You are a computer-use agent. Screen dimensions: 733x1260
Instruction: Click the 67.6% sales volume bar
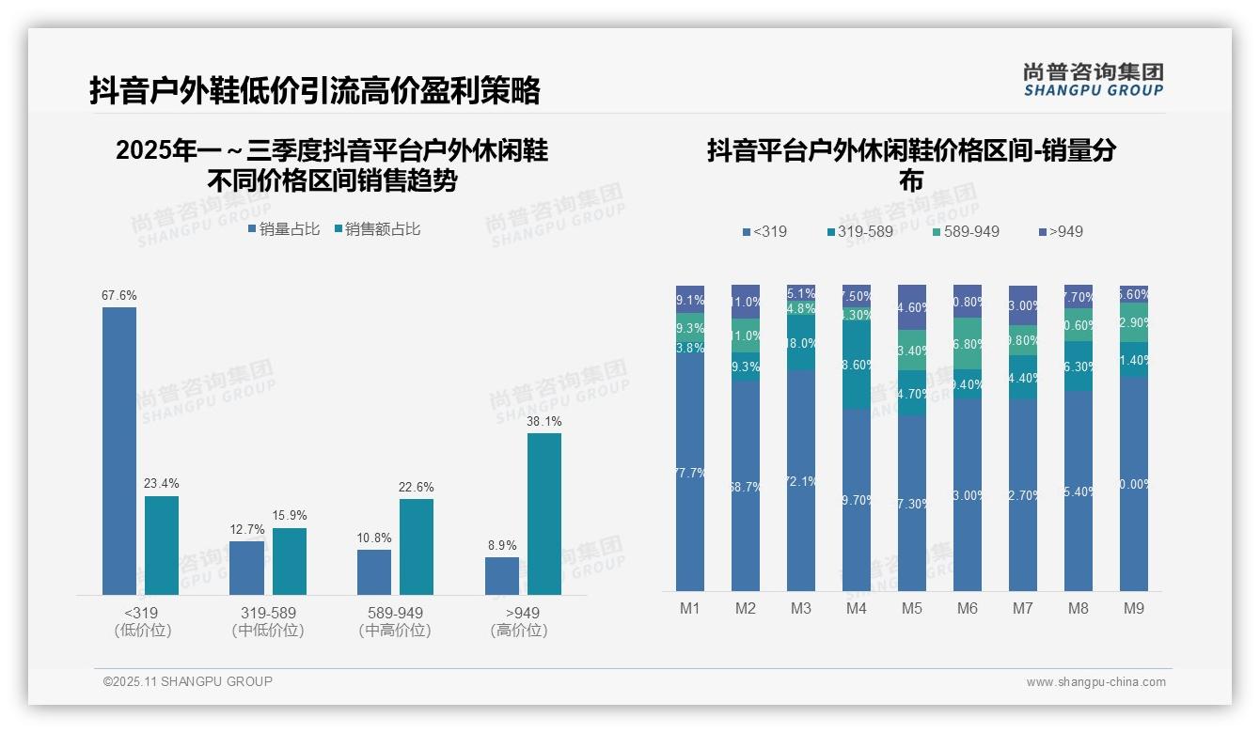coord(119,451)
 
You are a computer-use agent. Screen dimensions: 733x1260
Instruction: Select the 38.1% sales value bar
coord(543,513)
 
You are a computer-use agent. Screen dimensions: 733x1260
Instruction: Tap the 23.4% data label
coord(161,483)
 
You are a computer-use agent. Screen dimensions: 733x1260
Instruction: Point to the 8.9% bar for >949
coord(502,576)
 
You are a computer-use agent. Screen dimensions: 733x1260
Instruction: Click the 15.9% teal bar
coord(290,561)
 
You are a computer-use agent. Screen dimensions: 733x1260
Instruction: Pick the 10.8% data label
coord(374,538)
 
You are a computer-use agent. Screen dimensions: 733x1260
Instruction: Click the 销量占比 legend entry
coord(284,228)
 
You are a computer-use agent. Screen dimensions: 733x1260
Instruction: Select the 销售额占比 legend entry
coord(376,228)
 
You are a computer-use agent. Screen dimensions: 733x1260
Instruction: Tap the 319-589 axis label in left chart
coord(268,613)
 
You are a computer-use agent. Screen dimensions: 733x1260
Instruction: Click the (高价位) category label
coord(518,631)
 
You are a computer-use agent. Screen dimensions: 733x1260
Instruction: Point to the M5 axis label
coord(912,608)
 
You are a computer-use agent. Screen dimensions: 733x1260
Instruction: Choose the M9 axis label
coord(1134,608)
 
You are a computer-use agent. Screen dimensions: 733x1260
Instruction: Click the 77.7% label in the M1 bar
coord(690,473)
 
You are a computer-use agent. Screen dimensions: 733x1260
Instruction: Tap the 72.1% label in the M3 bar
coord(801,481)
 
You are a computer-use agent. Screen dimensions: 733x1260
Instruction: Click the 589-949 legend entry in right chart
coord(966,231)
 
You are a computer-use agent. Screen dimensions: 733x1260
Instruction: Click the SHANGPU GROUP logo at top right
coord(1093,80)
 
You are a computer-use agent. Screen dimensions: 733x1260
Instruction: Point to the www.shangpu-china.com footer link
coord(1095,682)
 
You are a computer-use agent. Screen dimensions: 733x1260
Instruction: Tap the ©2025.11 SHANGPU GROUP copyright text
coord(188,681)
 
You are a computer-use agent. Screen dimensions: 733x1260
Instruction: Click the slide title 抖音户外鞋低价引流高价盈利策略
coord(315,90)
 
